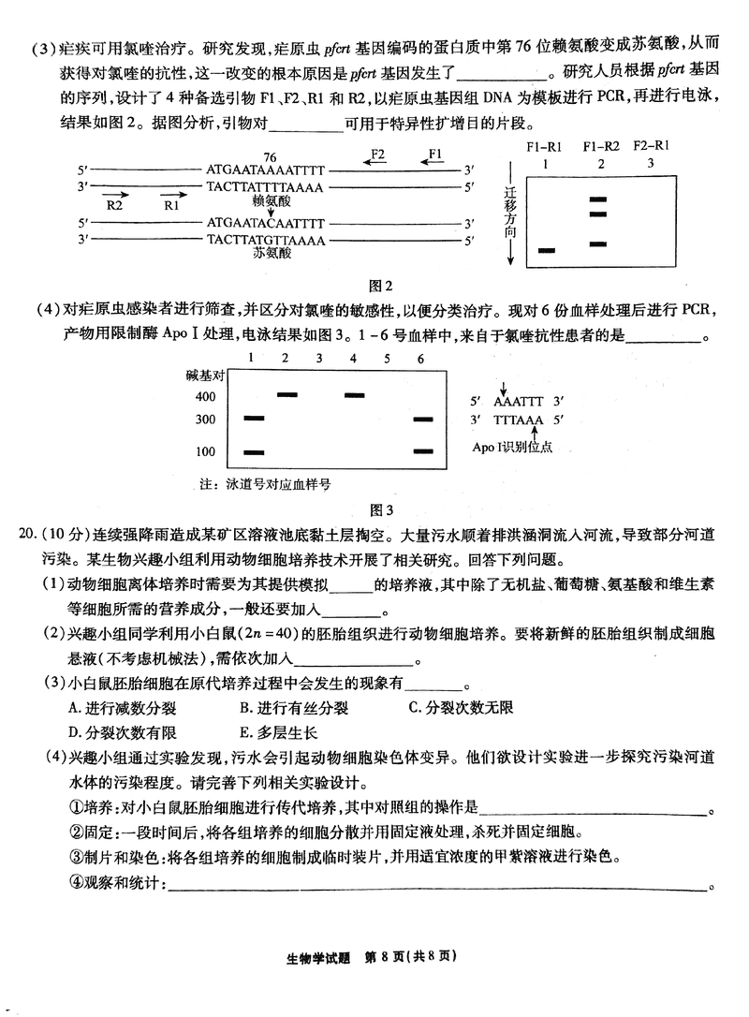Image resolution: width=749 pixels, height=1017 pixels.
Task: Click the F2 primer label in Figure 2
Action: (x=377, y=153)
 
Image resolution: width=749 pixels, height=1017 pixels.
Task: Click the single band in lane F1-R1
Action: (x=547, y=250)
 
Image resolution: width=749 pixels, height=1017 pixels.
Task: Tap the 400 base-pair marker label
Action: (x=206, y=396)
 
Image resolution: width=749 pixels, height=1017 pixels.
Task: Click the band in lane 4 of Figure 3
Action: (x=355, y=395)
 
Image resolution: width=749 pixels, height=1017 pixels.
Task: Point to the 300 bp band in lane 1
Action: (x=253, y=418)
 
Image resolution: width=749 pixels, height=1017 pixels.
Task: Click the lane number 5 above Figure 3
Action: (x=388, y=359)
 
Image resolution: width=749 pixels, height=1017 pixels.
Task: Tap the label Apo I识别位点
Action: (x=512, y=447)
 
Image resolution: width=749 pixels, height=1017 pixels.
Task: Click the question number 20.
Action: (x=28, y=534)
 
